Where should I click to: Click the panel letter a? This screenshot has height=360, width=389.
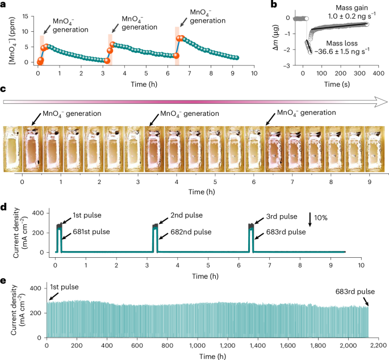[4, 5]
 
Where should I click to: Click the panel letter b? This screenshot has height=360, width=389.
[274, 5]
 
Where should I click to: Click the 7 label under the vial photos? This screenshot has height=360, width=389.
[292, 183]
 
